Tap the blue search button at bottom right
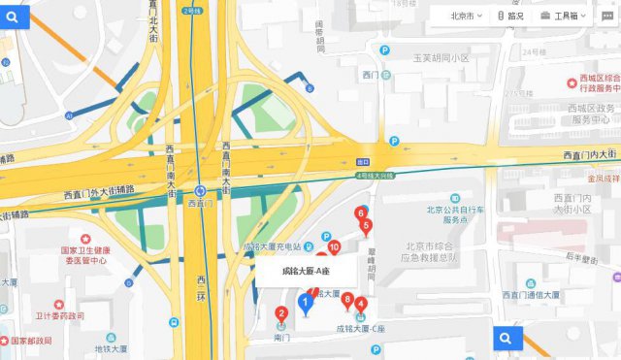coord(505,338)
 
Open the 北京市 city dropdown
coord(466,16)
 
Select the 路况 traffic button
coord(510,16)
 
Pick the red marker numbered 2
coord(281,313)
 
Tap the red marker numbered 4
coord(361,305)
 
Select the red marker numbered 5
coord(366,227)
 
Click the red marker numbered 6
coord(361,213)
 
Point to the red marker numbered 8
coord(347,300)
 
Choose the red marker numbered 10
coord(334,249)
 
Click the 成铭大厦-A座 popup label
coord(304,271)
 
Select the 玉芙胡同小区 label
coord(441,58)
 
